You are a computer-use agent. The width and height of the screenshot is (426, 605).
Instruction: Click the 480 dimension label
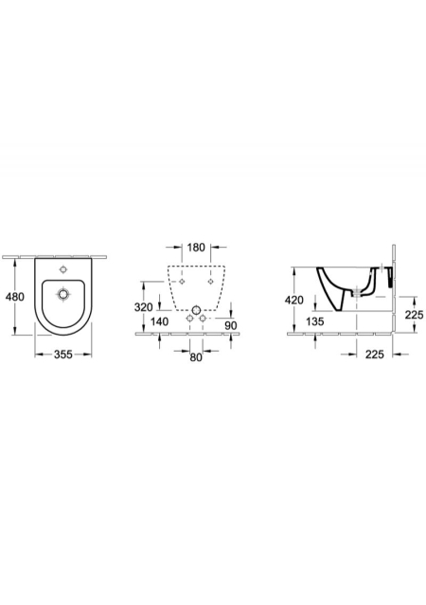coord(16,297)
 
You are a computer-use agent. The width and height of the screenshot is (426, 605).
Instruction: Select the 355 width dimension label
coord(63,354)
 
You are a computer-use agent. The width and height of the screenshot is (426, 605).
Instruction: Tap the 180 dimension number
coord(196,248)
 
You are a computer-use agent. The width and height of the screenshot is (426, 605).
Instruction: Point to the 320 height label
coord(143,307)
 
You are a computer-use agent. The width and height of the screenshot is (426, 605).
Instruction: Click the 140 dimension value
coord(159,320)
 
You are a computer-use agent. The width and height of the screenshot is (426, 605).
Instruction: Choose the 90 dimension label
coord(231,325)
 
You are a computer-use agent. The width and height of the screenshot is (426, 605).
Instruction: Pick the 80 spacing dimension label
coord(196,357)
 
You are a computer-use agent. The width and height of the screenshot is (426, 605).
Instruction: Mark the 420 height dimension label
coord(294,300)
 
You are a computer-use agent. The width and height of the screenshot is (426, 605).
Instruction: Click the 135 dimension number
coord(314,320)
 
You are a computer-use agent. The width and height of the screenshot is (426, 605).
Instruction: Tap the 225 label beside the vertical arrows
coord(414,315)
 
